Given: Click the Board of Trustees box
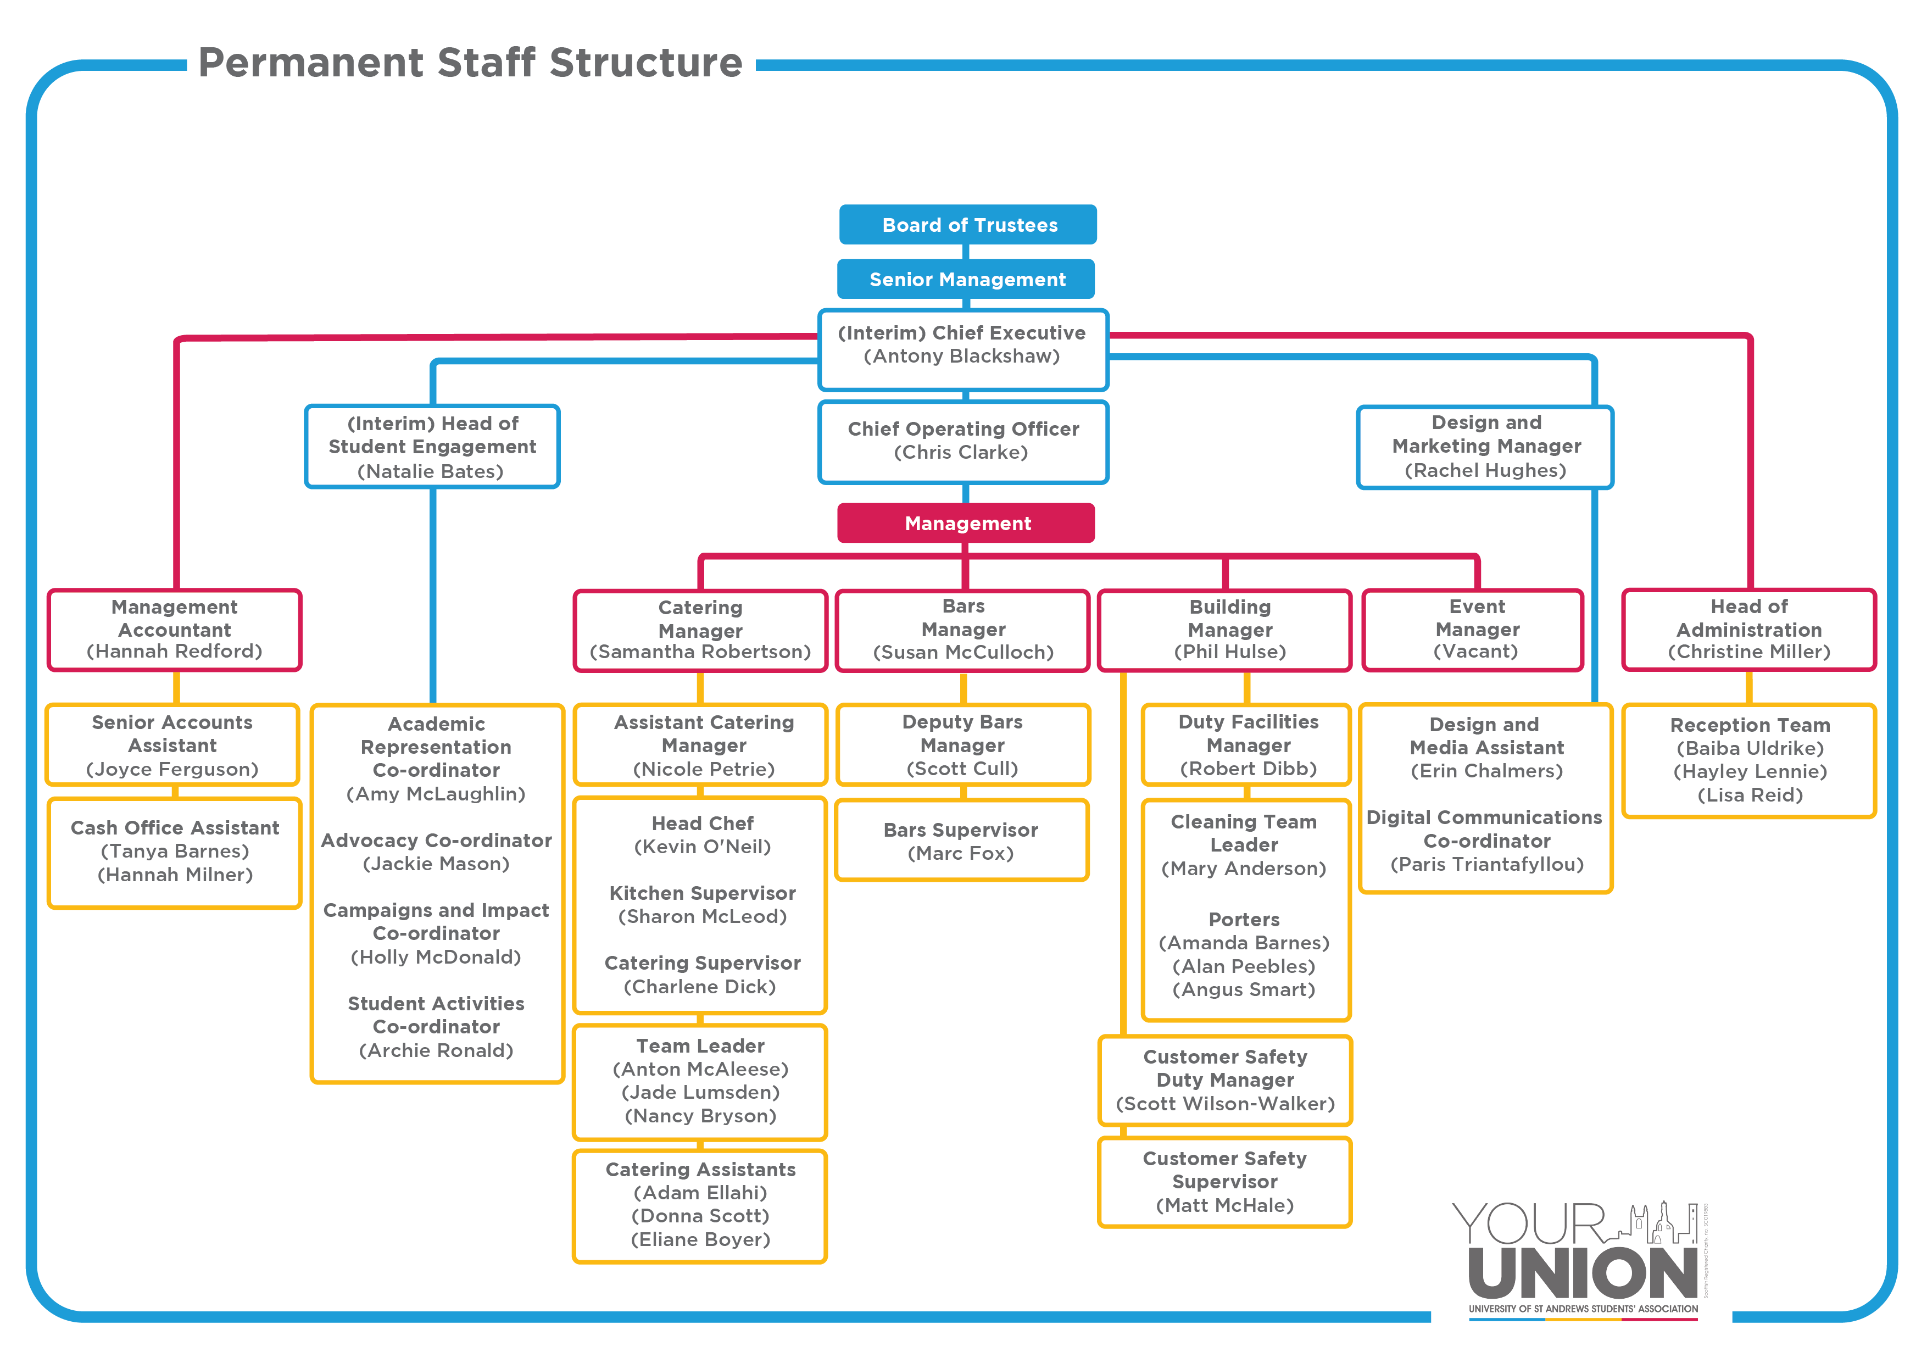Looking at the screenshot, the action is point(968,225).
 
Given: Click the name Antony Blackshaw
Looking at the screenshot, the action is point(962,356).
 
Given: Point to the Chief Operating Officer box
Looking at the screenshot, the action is point(964,442).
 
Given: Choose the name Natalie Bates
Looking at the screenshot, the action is point(431,472).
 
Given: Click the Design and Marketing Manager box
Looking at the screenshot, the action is point(1485,447).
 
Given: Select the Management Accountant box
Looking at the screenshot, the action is point(175,630).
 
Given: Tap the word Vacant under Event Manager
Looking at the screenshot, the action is point(1477,652).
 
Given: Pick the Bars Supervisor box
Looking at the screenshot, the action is point(962,840).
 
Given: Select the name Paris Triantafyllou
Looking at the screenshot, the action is point(1487,865).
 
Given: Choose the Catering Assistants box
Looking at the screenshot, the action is point(700,1206).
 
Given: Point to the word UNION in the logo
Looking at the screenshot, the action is point(1583,1273).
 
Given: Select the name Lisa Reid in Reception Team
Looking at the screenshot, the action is point(1751,795).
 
